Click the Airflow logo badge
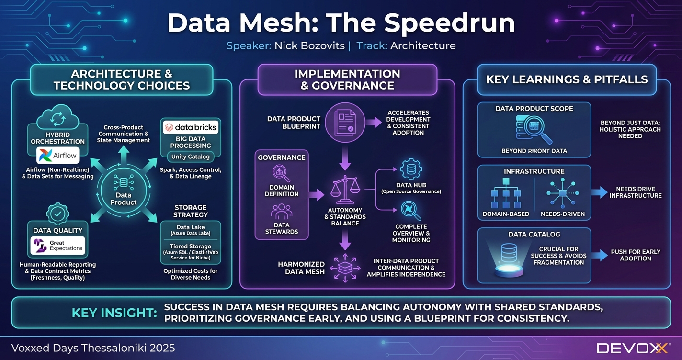[57, 156]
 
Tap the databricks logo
[191, 127]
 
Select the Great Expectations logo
[57, 246]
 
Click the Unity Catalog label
[191, 157]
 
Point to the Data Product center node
[123, 189]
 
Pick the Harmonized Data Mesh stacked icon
[345, 269]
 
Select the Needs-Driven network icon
[562, 192]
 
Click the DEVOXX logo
[632, 348]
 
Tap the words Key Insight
[114, 313]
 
